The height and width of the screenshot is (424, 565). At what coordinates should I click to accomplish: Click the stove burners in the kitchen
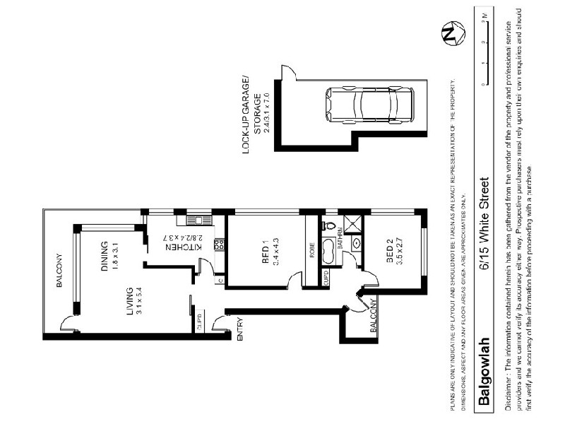tap(218, 245)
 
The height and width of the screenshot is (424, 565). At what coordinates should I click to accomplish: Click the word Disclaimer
tap(510, 387)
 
